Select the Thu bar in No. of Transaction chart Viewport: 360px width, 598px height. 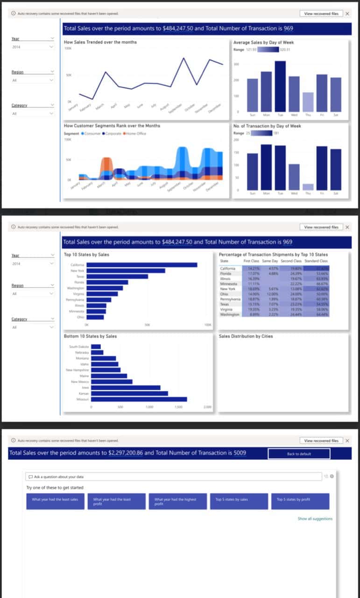click(x=308, y=187)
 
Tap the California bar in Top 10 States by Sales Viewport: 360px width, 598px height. click(x=142, y=264)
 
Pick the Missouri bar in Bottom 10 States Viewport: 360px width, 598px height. click(x=139, y=399)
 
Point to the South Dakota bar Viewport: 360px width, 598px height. click(x=96, y=346)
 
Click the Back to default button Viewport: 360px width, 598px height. click(x=299, y=454)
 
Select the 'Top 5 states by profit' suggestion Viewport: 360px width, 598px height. click(x=300, y=501)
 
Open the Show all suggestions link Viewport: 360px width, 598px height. click(x=315, y=519)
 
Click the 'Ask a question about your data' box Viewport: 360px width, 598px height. click(x=173, y=477)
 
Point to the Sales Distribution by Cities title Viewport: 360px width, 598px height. click(x=246, y=336)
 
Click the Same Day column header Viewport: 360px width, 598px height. click(x=270, y=261)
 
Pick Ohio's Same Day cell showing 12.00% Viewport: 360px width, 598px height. click(x=272, y=294)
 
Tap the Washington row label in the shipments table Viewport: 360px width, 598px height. click(x=229, y=314)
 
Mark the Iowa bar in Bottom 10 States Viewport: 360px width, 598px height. click(x=126, y=387)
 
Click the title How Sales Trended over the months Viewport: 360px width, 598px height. click(x=100, y=42)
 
